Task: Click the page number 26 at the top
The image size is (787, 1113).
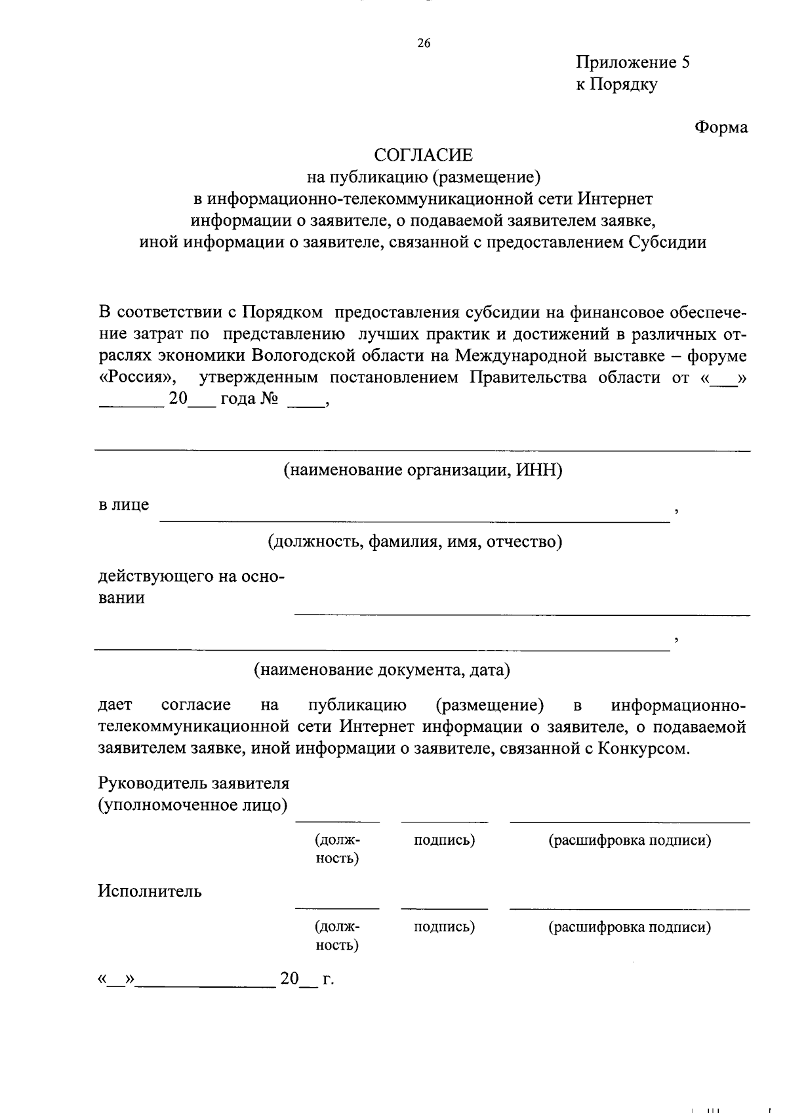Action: [x=423, y=44]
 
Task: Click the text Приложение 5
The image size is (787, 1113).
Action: [x=633, y=62]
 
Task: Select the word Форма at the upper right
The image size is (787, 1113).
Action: [x=721, y=127]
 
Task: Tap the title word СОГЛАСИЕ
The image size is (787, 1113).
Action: [x=423, y=155]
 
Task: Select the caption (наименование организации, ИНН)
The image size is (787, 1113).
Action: [x=423, y=470]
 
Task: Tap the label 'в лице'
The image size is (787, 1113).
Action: [x=123, y=505]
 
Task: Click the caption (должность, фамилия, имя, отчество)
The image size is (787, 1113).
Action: [x=414, y=542]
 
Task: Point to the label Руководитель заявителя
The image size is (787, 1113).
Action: [x=193, y=783]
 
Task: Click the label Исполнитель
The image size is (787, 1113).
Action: [x=150, y=891]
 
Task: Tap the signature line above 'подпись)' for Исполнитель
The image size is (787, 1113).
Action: [x=444, y=908]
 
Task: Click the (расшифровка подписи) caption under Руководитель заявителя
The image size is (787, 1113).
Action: [x=630, y=840]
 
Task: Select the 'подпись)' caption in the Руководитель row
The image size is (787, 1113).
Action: [x=444, y=840]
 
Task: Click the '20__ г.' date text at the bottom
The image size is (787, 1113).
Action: [x=306, y=979]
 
